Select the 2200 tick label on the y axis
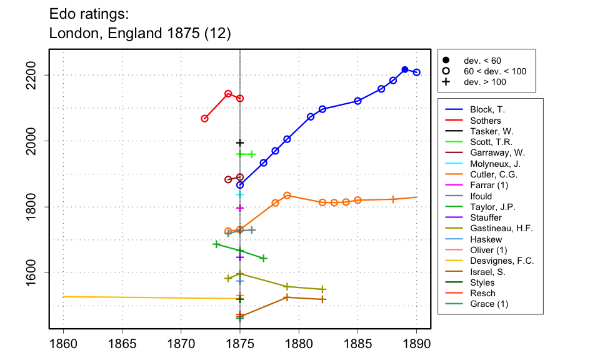(x=36, y=75)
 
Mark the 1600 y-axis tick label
(x=36, y=272)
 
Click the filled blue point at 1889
(x=405, y=69)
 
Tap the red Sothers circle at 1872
(x=204, y=118)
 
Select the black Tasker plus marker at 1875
(x=240, y=143)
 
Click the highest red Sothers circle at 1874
(x=228, y=94)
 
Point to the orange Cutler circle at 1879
(x=287, y=196)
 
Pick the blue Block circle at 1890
(x=417, y=72)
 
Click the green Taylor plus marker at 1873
(x=216, y=244)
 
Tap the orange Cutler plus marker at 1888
(x=393, y=199)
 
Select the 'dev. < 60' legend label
(x=482, y=61)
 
